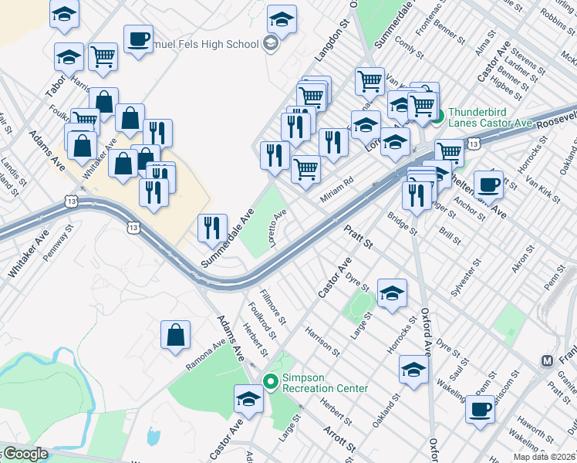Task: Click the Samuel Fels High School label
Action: click(x=206, y=44)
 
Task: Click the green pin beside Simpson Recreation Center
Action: click(x=270, y=381)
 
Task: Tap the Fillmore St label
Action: click(x=273, y=306)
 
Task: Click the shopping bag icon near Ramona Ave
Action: click(x=175, y=335)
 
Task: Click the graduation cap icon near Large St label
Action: click(x=392, y=292)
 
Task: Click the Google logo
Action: click(x=25, y=454)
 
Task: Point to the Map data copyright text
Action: click(x=543, y=457)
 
